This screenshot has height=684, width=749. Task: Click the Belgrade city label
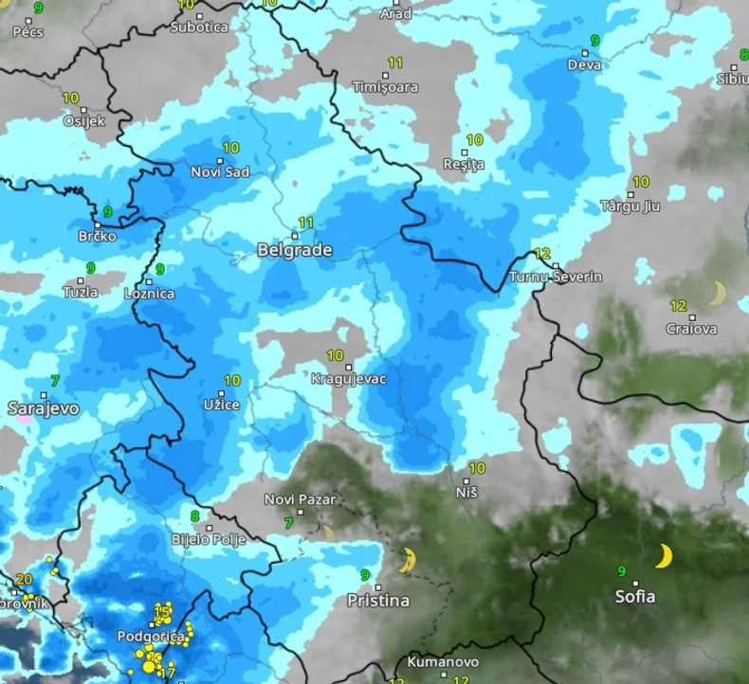[295, 250]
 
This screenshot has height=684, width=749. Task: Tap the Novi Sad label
[220, 171]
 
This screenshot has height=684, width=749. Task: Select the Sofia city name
[634, 597]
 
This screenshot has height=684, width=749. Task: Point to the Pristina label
[378, 601]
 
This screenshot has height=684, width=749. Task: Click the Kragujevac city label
[349, 379]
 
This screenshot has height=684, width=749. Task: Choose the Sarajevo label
[44, 408]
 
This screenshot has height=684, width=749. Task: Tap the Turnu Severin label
[556, 278]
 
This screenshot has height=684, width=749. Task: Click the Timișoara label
[385, 87]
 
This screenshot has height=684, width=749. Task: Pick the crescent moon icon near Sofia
[664, 556]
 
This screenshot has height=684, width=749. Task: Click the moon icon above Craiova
[718, 293]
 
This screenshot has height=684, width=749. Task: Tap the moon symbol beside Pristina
[409, 560]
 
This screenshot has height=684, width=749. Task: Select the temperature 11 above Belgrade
[306, 223]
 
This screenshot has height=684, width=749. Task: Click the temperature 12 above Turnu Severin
[542, 254]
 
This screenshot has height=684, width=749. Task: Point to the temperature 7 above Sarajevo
[55, 381]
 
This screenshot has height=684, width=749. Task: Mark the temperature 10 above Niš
[477, 468]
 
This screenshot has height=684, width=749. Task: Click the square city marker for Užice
[222, 392]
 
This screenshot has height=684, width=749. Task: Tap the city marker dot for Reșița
[465, 152]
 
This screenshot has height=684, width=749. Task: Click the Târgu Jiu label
[630, 206]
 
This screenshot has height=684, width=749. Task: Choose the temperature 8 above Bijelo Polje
[195, 516]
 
